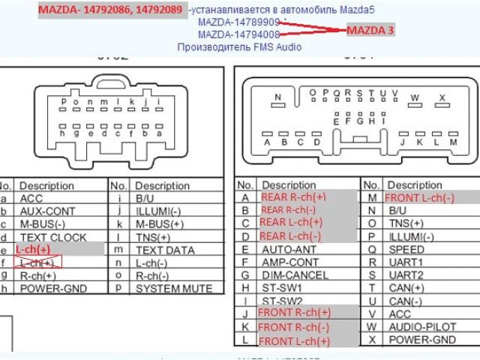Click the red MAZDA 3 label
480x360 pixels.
(x=370, y=31)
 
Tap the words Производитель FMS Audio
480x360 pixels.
(x=239, y=46)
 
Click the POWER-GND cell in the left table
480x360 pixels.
(x=52, y=288)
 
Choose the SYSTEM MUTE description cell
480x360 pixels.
(x=174, y=288)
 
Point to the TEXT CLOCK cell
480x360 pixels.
(x=53, y=237)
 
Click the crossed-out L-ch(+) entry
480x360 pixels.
(x=37, y=263)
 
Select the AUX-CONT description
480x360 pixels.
(x=48, y=211)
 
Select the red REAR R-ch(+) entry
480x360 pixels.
(x=293, y=196)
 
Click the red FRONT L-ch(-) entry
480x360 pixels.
(x=420, y=198)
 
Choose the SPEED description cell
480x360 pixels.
(x=406, y=250)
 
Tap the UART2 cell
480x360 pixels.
(x=406, y=275)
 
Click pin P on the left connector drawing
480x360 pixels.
(x=64, y=102)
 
